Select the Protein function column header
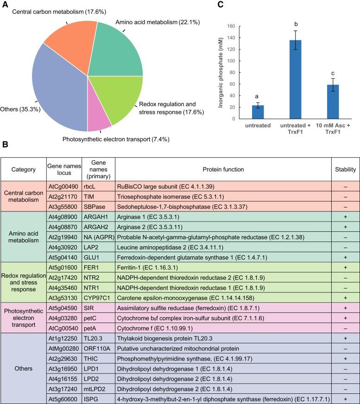(x=223, y=169)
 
